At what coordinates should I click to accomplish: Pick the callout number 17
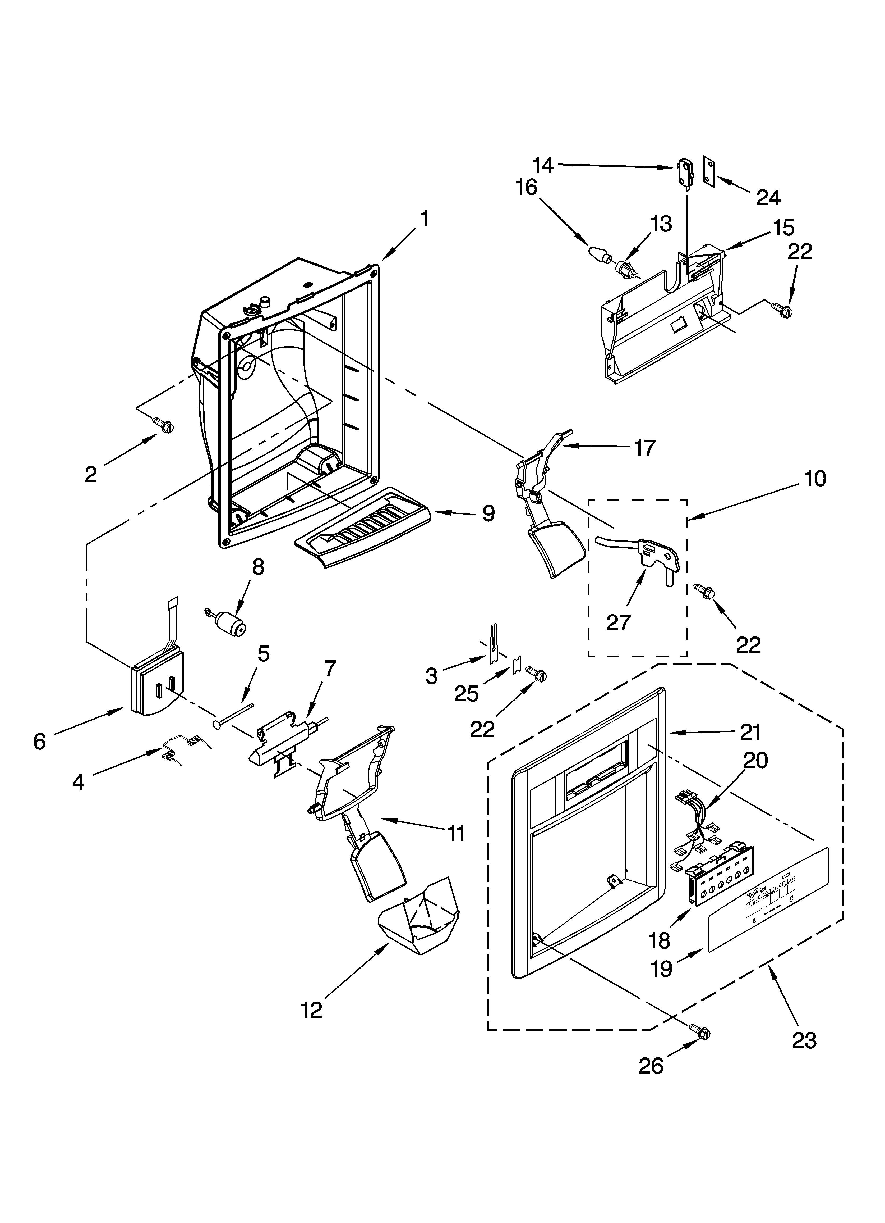point(645,448)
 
